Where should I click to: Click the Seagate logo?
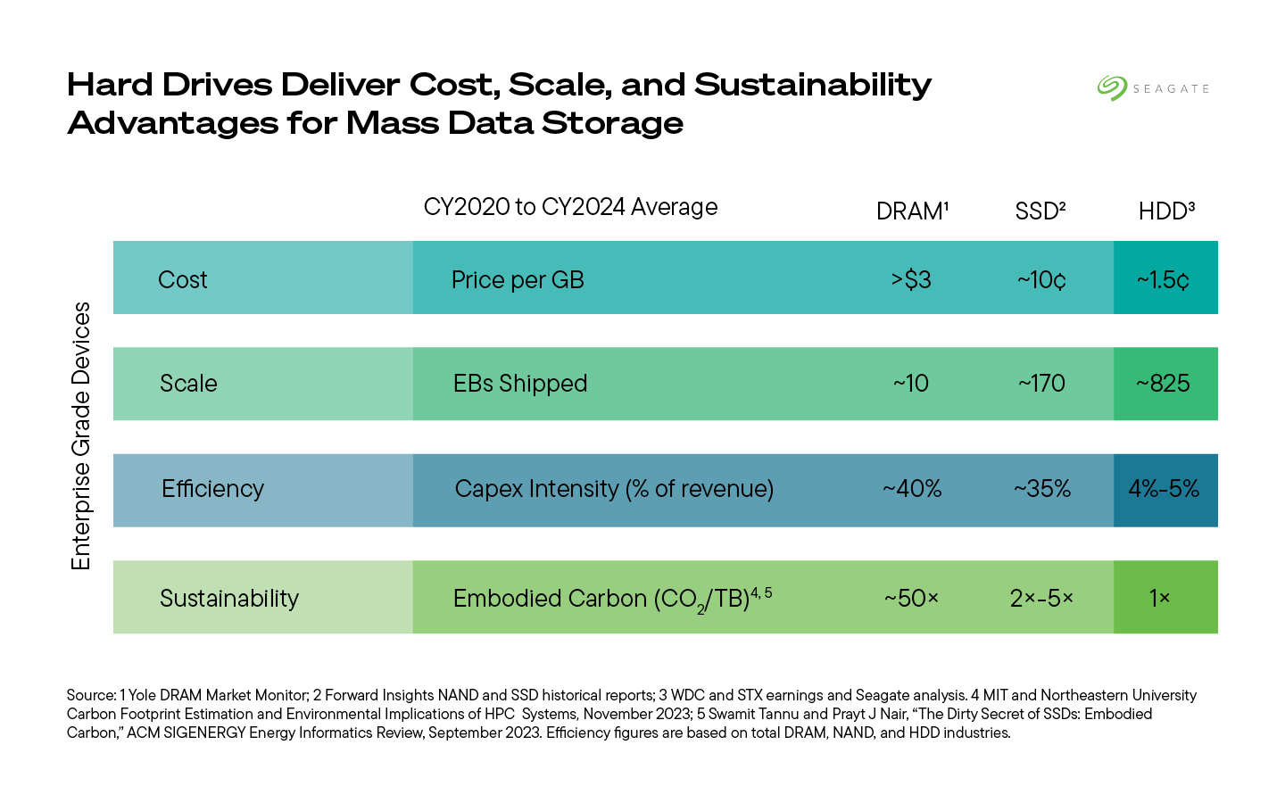[x=1153, y=88]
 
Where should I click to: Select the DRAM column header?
[x=911, y=211]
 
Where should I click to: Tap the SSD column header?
[x=1040, y=211]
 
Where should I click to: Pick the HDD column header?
[x=1165, y=211]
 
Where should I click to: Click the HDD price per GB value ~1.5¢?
[x=1164, y=279]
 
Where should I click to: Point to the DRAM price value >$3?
[x=911, y=279]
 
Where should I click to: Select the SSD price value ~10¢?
[x=1041, y=279]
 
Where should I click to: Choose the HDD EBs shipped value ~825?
[x=1164, y=384]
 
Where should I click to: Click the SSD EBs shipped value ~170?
[x=1041, y=384]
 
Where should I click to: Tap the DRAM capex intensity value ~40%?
[x=912, y=489]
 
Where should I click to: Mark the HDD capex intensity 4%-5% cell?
[x=1164, y=489]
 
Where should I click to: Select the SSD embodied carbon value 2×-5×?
[x=1041, y=598]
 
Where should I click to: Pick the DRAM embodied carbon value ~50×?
[x=911, y=598]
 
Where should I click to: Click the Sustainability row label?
[x=229, y=598]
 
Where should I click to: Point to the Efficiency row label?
[x=212, y=489]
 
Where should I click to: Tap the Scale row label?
[x=188, y=384]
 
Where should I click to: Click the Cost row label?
[x=182, y=280]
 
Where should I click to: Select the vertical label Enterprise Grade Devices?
[x=81, y=435]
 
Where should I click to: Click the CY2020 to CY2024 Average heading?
[x=570, y=207]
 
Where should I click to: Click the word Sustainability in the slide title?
[x=812, y=85]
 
